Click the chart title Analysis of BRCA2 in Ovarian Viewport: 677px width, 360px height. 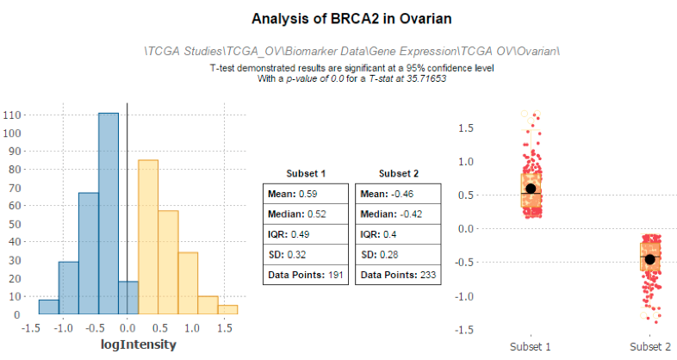[351, 19]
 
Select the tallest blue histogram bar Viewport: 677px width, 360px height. [109, 214]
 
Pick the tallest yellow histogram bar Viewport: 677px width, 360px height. [148, 237]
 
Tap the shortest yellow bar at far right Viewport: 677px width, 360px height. [227, 309]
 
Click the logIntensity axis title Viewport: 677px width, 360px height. [139, 344]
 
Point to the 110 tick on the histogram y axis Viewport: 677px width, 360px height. [12, 115]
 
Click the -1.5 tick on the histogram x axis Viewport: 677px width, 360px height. [31, 328]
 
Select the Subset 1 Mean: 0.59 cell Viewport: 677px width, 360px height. [306, 194]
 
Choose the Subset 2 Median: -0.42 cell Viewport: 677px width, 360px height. [398, 214]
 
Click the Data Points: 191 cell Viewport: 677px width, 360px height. [306, 275]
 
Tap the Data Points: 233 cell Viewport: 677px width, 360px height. [398, 275]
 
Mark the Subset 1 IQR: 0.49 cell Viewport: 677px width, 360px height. [306, 234]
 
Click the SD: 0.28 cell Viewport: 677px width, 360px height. [398, 255]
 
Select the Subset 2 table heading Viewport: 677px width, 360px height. [399, 173]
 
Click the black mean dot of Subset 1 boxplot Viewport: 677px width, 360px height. [531, 189]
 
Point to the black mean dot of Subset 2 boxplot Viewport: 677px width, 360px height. [649, 259]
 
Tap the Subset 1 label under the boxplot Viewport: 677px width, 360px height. [531, 346]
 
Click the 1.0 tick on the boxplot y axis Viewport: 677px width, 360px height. [466, 161]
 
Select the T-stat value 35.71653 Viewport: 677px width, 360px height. [426, 78]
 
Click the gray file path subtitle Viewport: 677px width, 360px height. [352, 52]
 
